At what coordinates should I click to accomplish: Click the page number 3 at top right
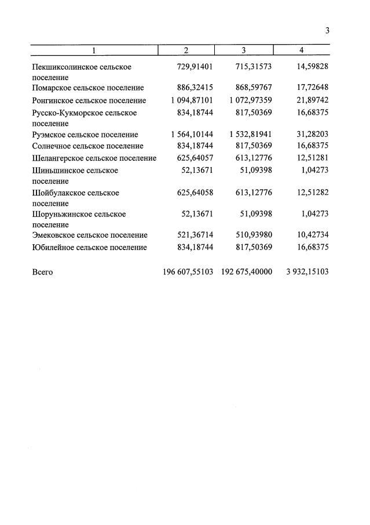(x=327, y=31)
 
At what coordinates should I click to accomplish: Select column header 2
(x=186, y=50)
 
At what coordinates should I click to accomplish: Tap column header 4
(x=301, y=50)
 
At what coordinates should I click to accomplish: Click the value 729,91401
(x=195, y=67)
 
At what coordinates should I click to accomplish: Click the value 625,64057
(x=195, y=158)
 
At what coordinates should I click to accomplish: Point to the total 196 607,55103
(x=189, y=271)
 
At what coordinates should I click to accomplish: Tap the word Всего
(x=42, y=272)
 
